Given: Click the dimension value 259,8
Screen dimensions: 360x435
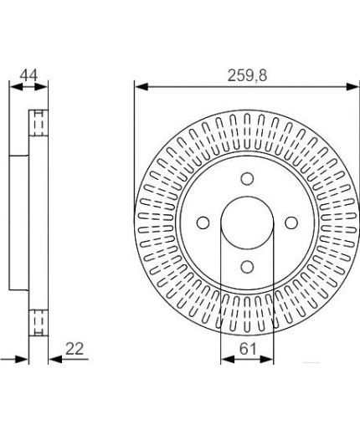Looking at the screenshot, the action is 247,75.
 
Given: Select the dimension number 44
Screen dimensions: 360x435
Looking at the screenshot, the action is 28,75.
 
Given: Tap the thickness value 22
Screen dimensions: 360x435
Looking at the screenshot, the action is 75,349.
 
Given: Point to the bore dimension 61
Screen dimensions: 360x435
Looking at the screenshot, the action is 248,349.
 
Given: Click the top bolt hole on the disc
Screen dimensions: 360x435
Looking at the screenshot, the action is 247,179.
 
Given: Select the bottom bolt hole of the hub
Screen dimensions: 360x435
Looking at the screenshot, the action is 247,267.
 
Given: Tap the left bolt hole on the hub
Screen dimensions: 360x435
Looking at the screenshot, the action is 203,223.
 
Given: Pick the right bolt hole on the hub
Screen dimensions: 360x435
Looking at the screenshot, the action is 291,223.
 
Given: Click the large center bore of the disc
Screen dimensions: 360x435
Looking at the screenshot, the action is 247,223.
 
